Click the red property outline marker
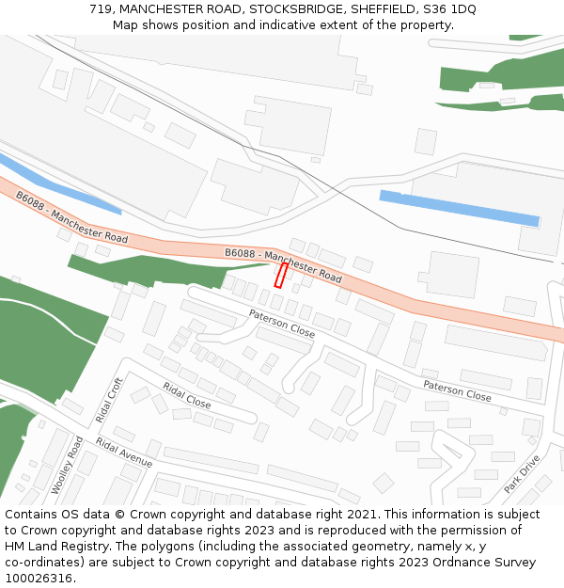(280, 275)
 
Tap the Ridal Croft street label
(109, 399)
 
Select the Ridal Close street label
(186, 394)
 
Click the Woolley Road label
(67, 465)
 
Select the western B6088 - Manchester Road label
(71, 217)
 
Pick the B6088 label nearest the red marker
(283, 264)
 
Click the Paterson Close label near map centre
(282, 324)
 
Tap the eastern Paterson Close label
(457, 390)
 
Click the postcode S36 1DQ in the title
(448, 9)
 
